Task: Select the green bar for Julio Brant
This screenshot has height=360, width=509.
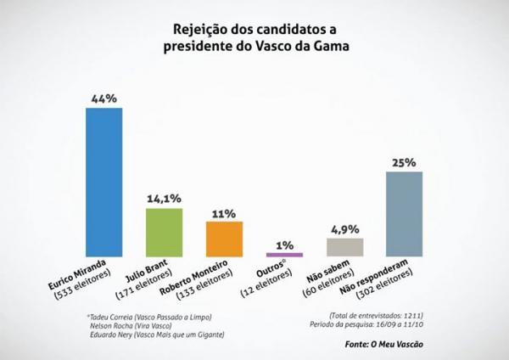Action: pos(165,231)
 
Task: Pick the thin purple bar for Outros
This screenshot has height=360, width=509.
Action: pos(284,254)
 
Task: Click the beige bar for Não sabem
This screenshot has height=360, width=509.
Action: pos(344,246)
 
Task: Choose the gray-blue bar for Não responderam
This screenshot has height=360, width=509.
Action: pos(404,212)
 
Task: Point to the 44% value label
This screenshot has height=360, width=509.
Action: pos(104,98)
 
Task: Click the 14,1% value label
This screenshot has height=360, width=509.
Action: pos(165,199)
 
